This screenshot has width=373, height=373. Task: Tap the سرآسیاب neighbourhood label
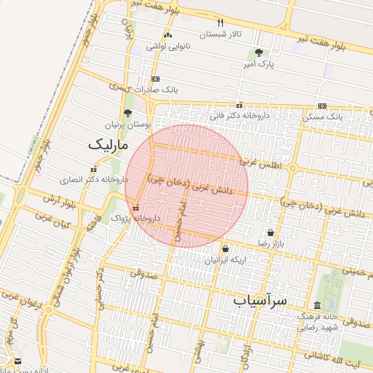(x=262, y=299)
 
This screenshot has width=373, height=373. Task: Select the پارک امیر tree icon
(x=259, y=52)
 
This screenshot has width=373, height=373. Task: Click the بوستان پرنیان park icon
(x=128, y=113)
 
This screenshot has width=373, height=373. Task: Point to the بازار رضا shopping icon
(x=271, y=232)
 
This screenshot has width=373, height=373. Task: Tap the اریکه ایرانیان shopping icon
(x=225, y=248)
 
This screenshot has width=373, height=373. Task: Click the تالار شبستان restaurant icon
(x=221, y=23)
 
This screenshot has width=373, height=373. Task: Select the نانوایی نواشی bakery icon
(x=168, y=35)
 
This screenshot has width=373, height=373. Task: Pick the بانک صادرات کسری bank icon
(x=154, y=79)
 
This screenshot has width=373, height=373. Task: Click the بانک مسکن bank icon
(x=322, y=106)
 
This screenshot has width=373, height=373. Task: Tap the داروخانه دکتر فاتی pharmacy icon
(x=240, y=105)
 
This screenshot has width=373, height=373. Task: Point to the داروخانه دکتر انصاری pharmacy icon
(x=93, y=169)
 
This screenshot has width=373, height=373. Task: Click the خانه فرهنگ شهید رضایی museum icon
(x=317, y=305)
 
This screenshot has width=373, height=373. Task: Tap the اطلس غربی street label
(x=264, y=164)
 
